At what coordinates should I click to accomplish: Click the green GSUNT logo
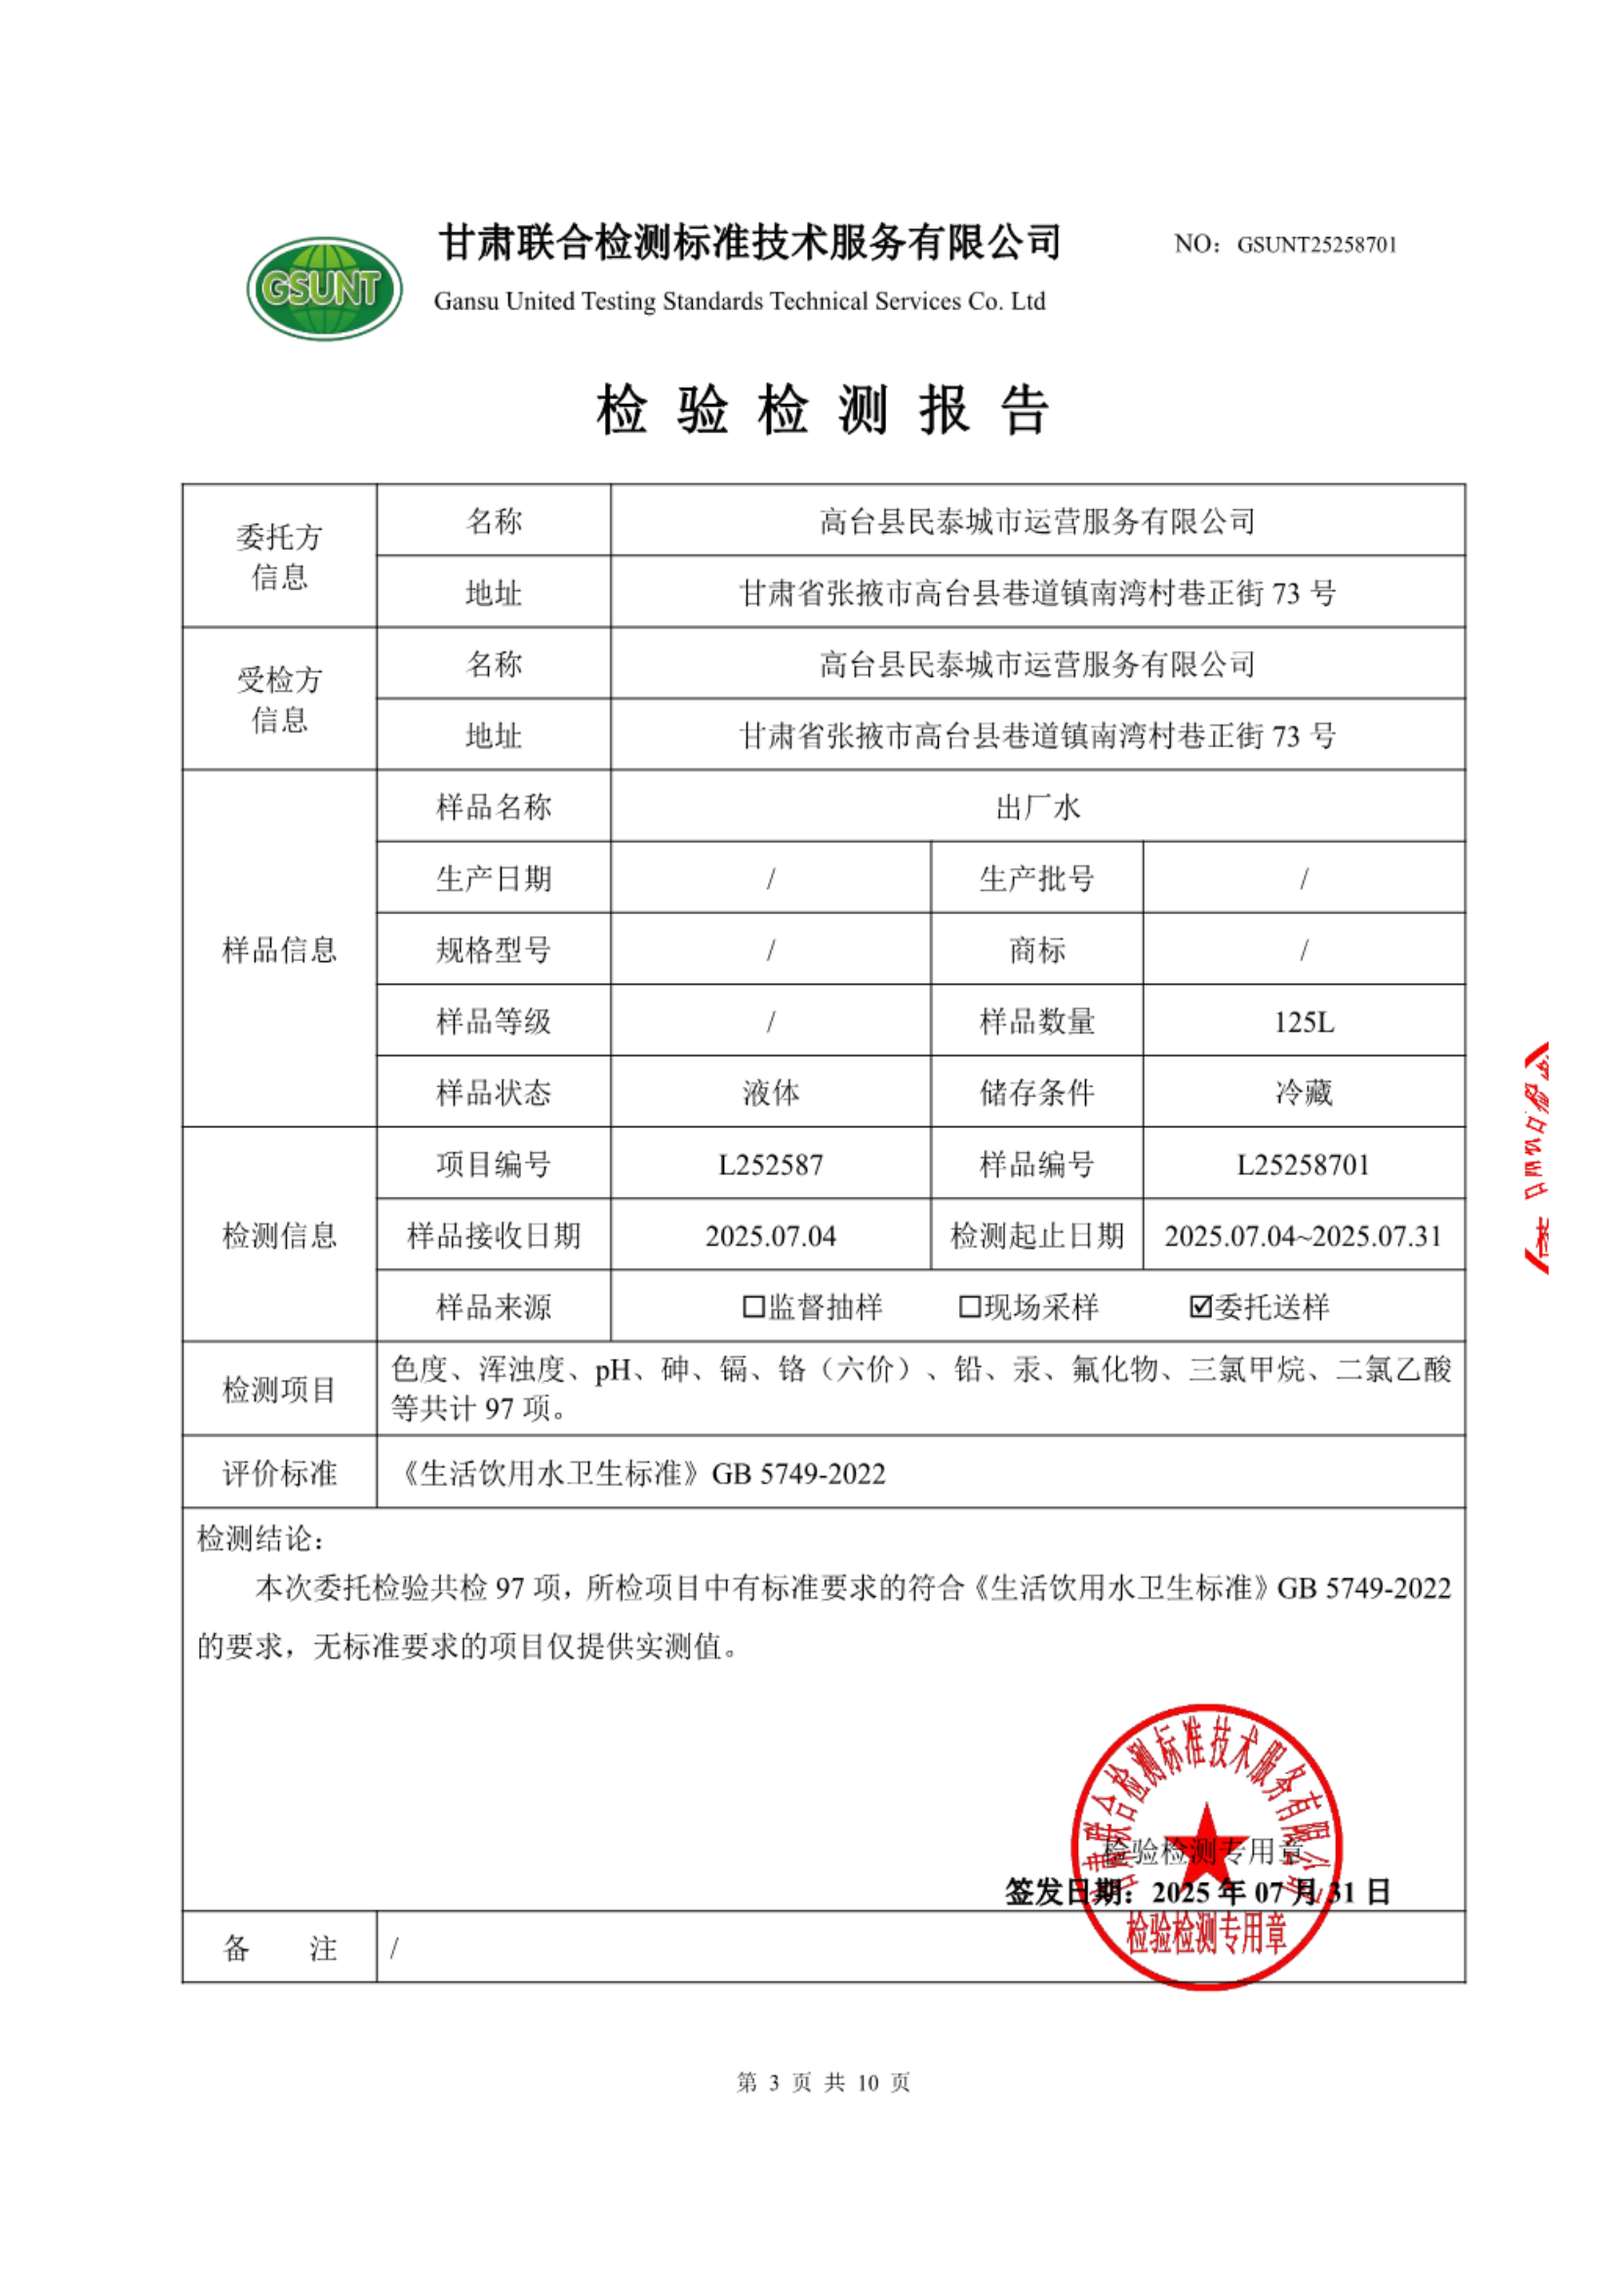[x=324, y=288]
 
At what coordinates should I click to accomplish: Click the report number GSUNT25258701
[x=1315, y=245]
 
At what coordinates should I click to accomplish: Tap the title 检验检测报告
[x=822, y=410]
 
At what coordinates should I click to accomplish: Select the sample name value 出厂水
[x=1036, y=807]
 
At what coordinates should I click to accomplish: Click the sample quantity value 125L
[x=1303, y=1021]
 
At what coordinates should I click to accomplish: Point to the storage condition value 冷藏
[x=1303, y=1094]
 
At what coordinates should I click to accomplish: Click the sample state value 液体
[x=770, y=1094]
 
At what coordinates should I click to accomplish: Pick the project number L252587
[x=770, y=1165]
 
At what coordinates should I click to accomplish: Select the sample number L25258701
[x=1303, y=1165]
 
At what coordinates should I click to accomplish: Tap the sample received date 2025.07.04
[x=770, y=1236]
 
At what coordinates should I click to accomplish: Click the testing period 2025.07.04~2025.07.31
[x=1303, y=1236]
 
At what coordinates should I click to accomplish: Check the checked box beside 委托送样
[x=1200, y=1307]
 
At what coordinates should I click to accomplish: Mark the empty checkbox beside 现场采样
[x=969, y=1307]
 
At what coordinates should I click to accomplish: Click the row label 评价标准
[x=279, y=1473]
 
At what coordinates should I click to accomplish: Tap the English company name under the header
[x=740, y=301]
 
